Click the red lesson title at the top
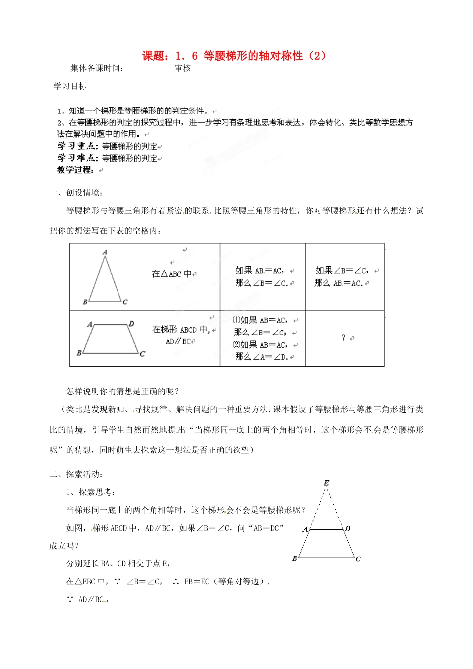click(235, 56)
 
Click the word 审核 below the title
click(183, 69)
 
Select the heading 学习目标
click(70, 86)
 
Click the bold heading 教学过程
click(76, 170)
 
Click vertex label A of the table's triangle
click(105, 252)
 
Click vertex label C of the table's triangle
click(125, 302)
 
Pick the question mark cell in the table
click(343, 338)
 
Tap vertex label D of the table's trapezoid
click(131, 324)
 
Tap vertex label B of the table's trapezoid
click(79, 353)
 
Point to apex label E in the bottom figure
click(326, 483)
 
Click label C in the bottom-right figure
click(358, 559)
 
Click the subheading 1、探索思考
click(91, 492)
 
